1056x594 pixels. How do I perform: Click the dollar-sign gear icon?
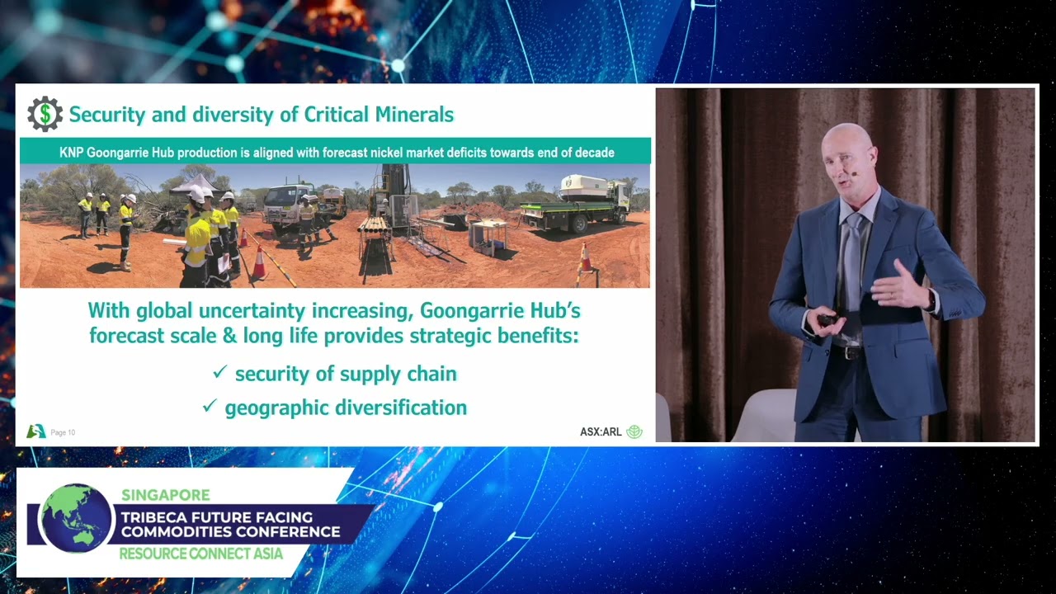[45, 114]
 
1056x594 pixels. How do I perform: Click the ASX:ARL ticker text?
[601, 431]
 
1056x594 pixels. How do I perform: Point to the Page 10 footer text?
[63, 432]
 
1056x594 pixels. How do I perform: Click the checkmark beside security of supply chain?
[219, 372]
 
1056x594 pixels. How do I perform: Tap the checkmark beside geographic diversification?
[210, 405]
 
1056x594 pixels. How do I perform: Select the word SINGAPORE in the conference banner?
[166, 495]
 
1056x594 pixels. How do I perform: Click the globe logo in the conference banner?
[76, 518]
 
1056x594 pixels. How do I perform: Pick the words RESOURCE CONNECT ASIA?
[201, 554]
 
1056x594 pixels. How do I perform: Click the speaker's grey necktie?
[851, 264]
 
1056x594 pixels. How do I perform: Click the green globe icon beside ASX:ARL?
[634, 431]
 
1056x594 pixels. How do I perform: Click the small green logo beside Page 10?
[36, 431]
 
